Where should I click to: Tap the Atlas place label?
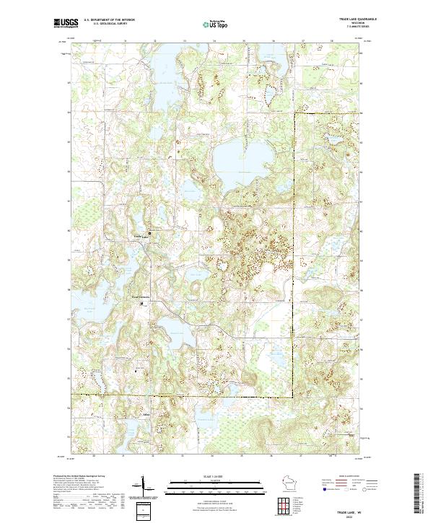(x=147, y=416)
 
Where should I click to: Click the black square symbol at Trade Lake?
(x=150, y=233)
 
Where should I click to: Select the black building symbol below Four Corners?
(x=141, y=303)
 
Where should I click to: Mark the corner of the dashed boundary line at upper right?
(x=294, y=113)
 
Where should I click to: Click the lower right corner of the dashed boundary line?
(x=293, y=396)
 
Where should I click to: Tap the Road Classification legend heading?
(x=350, y=477)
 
